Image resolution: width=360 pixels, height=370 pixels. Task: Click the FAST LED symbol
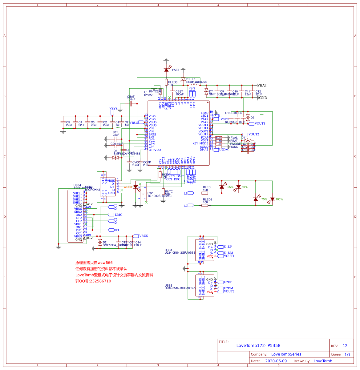pyautogui.click(x=166, y=70)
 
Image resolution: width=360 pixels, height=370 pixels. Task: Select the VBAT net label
pyautogui.click(x=262, y=85)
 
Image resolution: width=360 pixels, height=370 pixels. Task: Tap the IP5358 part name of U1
pyautogui.click(x=149, y=95)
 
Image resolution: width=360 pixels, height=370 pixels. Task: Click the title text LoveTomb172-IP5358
pyautogui.click(x=258, y=345)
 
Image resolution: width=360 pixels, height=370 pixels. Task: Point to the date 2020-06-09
pyautogui.click(x=276, y=361)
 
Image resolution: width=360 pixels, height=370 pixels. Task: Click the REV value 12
pyautogui.click(x=345, y=346)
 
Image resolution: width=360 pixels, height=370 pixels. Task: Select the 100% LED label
pyautogui.click(x=279, y=199)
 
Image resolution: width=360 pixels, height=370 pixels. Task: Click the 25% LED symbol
pyautogui.click(x=222, y=187)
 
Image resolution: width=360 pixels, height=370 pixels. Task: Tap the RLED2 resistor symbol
pyautogui.click(x=205, y=205)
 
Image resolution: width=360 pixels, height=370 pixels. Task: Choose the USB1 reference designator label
pyautogui.click(x=168, y=250)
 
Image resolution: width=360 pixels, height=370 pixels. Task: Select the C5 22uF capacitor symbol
pyautogui.click(x=63, y=122)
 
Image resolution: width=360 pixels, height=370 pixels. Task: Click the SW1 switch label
pyautogui.click(x=150, y=193)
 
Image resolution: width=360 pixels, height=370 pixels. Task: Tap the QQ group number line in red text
pyautogui.click(x=93, y=281)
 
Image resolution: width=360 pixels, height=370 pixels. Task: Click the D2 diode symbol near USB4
pyautogui.click(x=100, y=242)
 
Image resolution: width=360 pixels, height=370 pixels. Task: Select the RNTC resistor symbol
pyautogui.click(x=163, y=191)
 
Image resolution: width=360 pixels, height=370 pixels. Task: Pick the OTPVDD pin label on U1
pyautogui.click(x=155, y=150)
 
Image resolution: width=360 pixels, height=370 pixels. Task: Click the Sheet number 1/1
pyautogui.click(x=347, y=355)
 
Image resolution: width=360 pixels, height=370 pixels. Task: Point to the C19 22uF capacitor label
pyautogui.click(x=115, y=133)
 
